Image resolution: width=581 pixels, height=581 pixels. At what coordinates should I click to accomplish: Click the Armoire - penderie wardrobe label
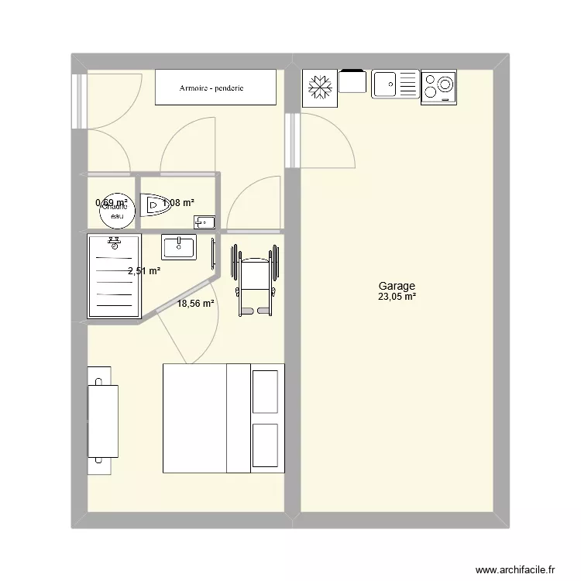click(x=211, y=88)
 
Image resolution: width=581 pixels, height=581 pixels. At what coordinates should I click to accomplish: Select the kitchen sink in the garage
click(x=395, y=84)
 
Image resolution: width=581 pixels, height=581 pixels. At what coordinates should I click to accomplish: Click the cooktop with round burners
click(x=438, y=86)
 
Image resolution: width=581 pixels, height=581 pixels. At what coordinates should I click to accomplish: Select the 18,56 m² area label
click(x=196, y=304)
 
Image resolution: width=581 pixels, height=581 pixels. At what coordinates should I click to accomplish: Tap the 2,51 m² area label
click(x=144, y=271)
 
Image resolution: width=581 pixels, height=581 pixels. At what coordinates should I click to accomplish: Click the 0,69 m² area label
click(x=112, y=203)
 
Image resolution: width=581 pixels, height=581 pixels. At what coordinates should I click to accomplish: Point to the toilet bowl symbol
click(x=157, y=205)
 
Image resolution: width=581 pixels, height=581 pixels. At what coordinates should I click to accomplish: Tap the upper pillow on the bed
click(x=265, y=391)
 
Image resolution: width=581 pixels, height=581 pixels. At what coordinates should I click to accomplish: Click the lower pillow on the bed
click(x=265, y=445)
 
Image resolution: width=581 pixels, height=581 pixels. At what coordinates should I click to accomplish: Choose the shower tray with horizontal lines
click(x=115, y=276)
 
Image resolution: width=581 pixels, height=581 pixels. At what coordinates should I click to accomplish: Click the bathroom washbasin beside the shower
click(x=180, y=248)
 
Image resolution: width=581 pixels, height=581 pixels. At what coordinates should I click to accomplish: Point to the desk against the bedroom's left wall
click(x=102, y=420)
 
